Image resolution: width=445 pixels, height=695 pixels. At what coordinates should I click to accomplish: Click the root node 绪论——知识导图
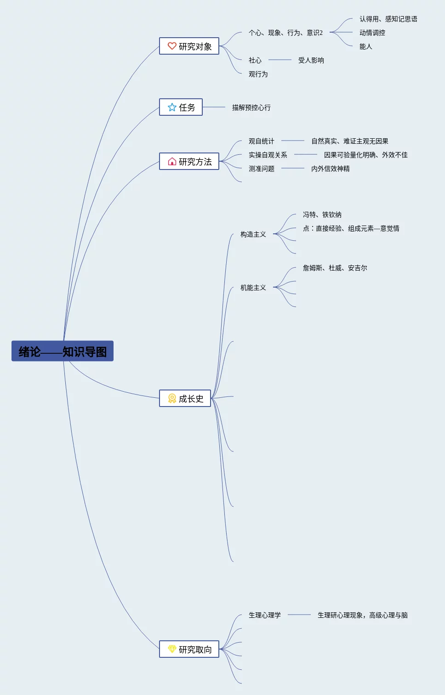[x=63, y=351]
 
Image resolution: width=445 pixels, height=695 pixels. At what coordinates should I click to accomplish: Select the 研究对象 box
[x=189, y=46]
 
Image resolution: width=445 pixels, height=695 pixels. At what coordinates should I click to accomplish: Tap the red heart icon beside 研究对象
[x=172, y=46]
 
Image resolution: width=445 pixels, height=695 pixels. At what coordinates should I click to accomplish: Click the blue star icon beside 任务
[x=172, y=107]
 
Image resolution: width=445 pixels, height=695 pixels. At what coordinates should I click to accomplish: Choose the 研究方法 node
[x=189, y=161]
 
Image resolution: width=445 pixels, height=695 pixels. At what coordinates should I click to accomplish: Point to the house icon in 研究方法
[x=172, y=161]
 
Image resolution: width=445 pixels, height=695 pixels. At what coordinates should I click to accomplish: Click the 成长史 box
[x=185, y=398]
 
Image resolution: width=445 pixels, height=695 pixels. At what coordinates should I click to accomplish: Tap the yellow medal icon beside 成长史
[x=172, y=398]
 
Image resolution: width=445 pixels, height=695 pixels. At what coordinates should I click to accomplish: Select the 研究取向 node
[x=189, y=649]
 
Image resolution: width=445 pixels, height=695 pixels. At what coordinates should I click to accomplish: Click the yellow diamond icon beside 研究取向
[x=172, y=649]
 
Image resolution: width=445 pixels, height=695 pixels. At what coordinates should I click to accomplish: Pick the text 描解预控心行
[x=251, y=107]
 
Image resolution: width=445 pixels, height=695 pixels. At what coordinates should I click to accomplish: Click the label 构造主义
[x=253, y=234]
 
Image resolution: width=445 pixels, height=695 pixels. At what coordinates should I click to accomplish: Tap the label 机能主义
[x=253, y=288]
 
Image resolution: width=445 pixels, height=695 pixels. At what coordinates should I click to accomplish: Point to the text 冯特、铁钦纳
[x=322, y=215]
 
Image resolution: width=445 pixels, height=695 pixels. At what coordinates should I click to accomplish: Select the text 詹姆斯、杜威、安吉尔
[x=335, y=268]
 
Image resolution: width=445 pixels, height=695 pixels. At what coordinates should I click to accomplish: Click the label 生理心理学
[x=264, y=615]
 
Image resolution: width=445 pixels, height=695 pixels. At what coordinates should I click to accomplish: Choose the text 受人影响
[x=311, y=60]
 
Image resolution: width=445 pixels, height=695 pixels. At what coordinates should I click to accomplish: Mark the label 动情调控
[x=372, y=33]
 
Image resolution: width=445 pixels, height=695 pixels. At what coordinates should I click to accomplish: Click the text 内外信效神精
[x=330, y=169]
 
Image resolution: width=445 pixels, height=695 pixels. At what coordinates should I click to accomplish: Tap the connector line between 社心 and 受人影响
[x=280, y=60]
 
